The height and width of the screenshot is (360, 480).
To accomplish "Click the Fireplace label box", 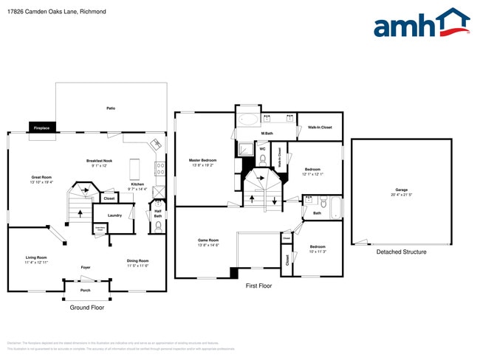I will pos(41,128).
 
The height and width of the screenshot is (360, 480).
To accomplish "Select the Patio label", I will pos(111,108).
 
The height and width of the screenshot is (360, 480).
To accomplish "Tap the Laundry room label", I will pos(114,215).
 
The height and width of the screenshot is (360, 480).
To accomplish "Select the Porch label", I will pos(86,290).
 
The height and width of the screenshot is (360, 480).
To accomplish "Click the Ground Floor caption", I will pos(86,307).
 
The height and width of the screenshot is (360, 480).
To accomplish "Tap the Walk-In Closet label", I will pos(320,127).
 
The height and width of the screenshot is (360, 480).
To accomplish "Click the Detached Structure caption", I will pos(401,252).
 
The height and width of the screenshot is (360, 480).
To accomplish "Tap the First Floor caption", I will pos(258,285).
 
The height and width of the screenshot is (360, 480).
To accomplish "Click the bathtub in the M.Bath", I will pos(248,119).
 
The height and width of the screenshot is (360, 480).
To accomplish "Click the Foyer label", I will pos(86,267).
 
